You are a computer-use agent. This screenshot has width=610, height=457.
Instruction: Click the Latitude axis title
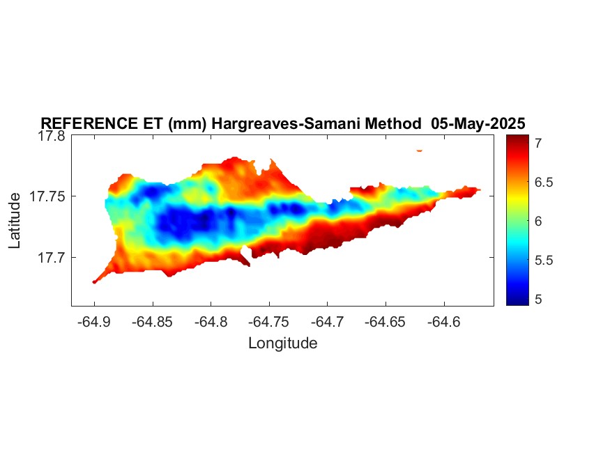pos(15,221)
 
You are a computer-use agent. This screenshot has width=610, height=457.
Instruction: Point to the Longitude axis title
pos(282,343)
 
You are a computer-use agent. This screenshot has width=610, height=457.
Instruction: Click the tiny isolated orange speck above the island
pos(419,150)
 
